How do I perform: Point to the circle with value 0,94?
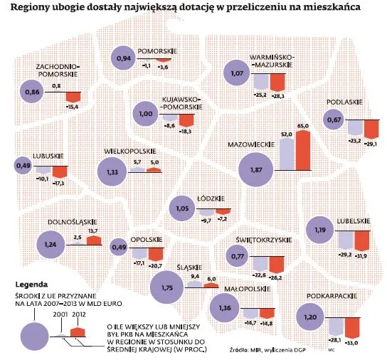pos(124,58)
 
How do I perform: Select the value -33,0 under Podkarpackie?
pos(351,342)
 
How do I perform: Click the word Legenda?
pos(31,281)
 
